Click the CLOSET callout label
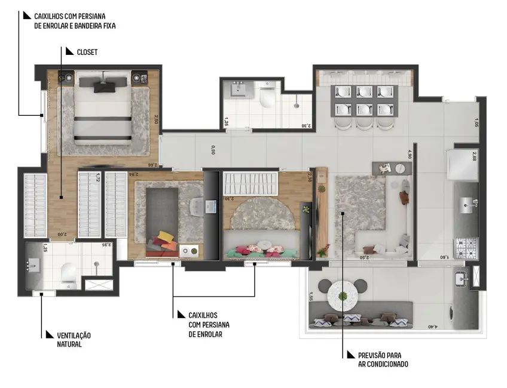click(x=87, y=53)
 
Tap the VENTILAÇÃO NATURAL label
click(x=65, y=340)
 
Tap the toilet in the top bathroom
click(x=267, y=97)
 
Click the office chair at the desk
click(x=197, y=207)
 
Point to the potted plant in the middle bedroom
click(x=307, y=210)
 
